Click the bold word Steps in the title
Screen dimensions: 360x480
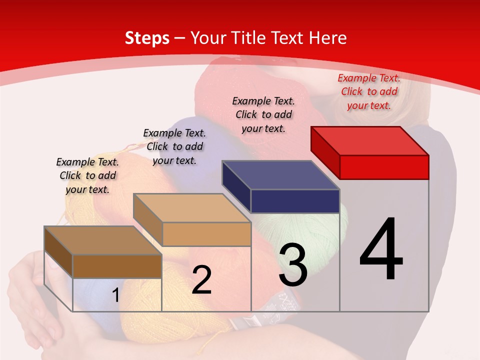click(x=147, y=38)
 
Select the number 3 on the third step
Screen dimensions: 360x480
click(x=293, y=265)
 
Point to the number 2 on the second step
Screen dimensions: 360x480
click(x=201, y=280)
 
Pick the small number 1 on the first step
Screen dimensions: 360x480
click(x=115, y=295)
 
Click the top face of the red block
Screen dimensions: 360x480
click(x=370, y=140)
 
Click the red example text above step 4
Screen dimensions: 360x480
click(x=369, y=91)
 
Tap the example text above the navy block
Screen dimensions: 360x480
click(x=263, y=114)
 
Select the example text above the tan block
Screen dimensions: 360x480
click(x=174, y=146)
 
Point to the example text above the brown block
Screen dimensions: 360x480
click(x=87, y=175)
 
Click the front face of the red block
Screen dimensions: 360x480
click(x=384, y=167)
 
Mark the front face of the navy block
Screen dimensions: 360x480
click(x=295, y=201)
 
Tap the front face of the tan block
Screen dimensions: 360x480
click(x=206, y=234)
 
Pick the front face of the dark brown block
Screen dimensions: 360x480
click(x=117, y=266)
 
